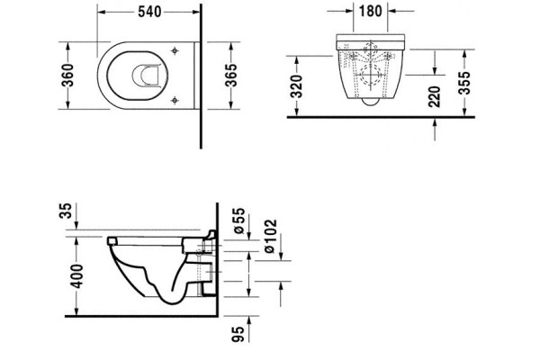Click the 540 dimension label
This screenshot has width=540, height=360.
(149, 12)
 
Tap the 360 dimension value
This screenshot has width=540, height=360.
(67, 75)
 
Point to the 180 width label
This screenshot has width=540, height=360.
(371, 11)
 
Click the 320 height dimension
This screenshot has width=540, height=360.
(296, 86)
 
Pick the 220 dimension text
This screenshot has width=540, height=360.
(435, 97)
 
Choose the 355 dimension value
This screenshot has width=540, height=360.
(464, 83)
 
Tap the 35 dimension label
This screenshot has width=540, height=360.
(67, 211)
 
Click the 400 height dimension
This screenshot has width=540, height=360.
(76, 276)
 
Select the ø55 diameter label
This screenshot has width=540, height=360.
(239, 220)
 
